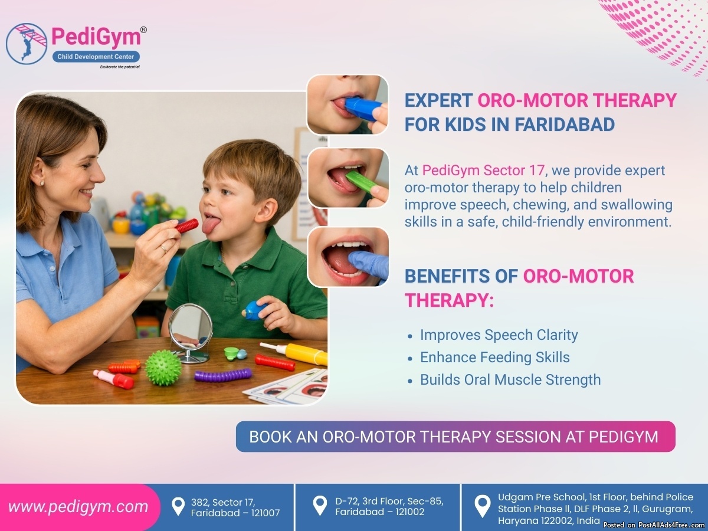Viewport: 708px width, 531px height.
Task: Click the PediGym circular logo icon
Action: pyautogui.click(x=27, y=44)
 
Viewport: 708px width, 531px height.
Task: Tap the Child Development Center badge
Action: pyautogui.click(x=96, y=57)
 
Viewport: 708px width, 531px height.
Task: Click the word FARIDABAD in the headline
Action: pyautogui.click(x=565, y=124)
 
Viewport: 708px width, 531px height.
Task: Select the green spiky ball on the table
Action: pyautogui.click(x=163, y=368)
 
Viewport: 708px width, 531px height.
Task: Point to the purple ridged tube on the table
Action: pyautogui.click(x=223, y=375)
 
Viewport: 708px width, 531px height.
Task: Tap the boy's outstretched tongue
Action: pyautogui.click(x=209, y=224)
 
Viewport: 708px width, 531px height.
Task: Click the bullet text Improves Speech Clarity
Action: pyautogui.click(x=499, y=335)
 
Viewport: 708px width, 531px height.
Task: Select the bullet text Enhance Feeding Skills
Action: pyautogui.click(x=495, y=357)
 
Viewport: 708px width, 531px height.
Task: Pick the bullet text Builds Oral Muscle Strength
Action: pyautogui.click(x=510, y=380)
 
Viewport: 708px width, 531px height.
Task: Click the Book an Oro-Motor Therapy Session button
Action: pyautogui.click(x=455, y=437)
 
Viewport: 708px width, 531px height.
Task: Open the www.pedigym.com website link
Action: pyautogui.click(x=78, y=507)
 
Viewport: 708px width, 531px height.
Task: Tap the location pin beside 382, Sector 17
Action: pyautogui.click(x=178, y=506)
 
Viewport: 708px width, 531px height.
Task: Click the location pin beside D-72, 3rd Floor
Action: pyautogui.click(x=320, y=505)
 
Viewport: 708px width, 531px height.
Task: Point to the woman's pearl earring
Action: pyautogui.click(x=42, y=183)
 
